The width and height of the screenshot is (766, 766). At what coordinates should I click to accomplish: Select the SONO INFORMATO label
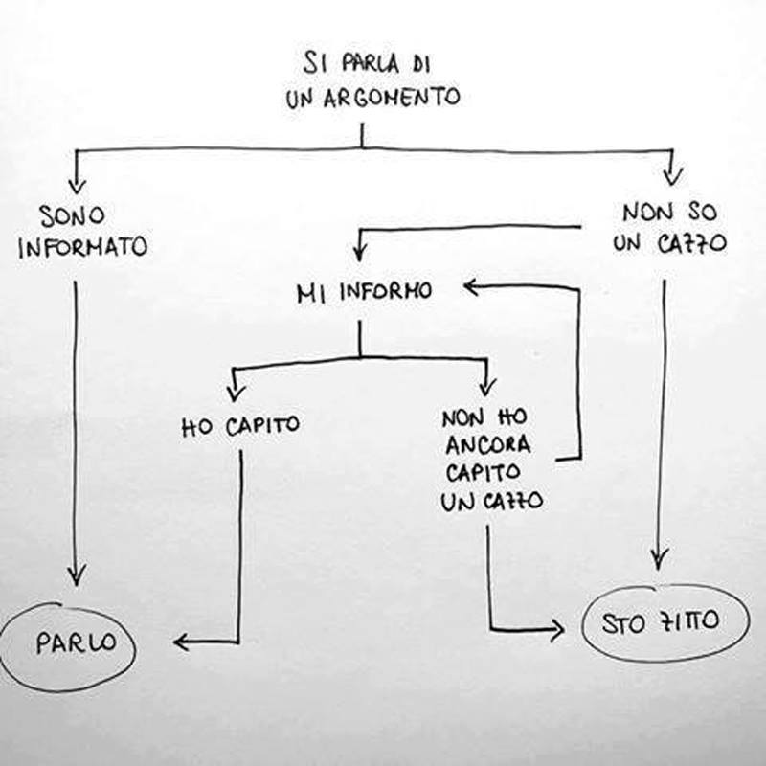click(82, 231)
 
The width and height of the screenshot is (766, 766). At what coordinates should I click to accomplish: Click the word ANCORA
click(487, 446)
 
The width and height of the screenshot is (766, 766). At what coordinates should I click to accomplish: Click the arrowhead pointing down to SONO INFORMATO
click(77, 184)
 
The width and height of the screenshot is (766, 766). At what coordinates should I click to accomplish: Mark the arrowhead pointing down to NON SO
click(672, 175)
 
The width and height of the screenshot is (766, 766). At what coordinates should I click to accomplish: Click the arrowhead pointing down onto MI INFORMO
click(359, 255)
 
